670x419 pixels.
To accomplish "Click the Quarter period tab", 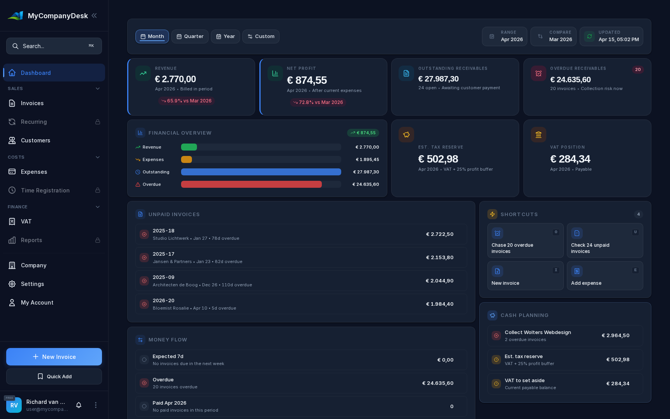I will (x=190, y=36).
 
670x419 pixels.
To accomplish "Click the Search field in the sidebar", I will (x=54, y=46).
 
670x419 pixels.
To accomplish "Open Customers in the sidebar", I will (x=35, y=140).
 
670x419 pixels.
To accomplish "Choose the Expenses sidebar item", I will (x=34, y=172).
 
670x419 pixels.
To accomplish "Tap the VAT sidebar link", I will (x=26, y=222).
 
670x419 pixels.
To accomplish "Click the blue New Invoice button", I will (x=54, y=357).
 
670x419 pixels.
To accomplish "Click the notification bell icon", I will (x=79, y=405).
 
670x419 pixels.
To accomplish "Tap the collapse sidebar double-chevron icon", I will (x=94, y=16).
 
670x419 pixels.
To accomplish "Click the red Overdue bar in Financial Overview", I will (x=251, y=184).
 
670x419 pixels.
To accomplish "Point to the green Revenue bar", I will (x=189, y=147).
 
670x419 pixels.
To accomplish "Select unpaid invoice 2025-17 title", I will (x=163, y=254).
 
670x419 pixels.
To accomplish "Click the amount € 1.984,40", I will (x=440, y=304).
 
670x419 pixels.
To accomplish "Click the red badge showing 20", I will (x=638, y=70).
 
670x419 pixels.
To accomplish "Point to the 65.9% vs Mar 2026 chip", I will (x=186, y=101).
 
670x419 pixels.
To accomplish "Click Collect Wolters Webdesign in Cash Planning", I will (x=537, y=332).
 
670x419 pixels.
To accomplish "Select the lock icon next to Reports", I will (x=98, y=240).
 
